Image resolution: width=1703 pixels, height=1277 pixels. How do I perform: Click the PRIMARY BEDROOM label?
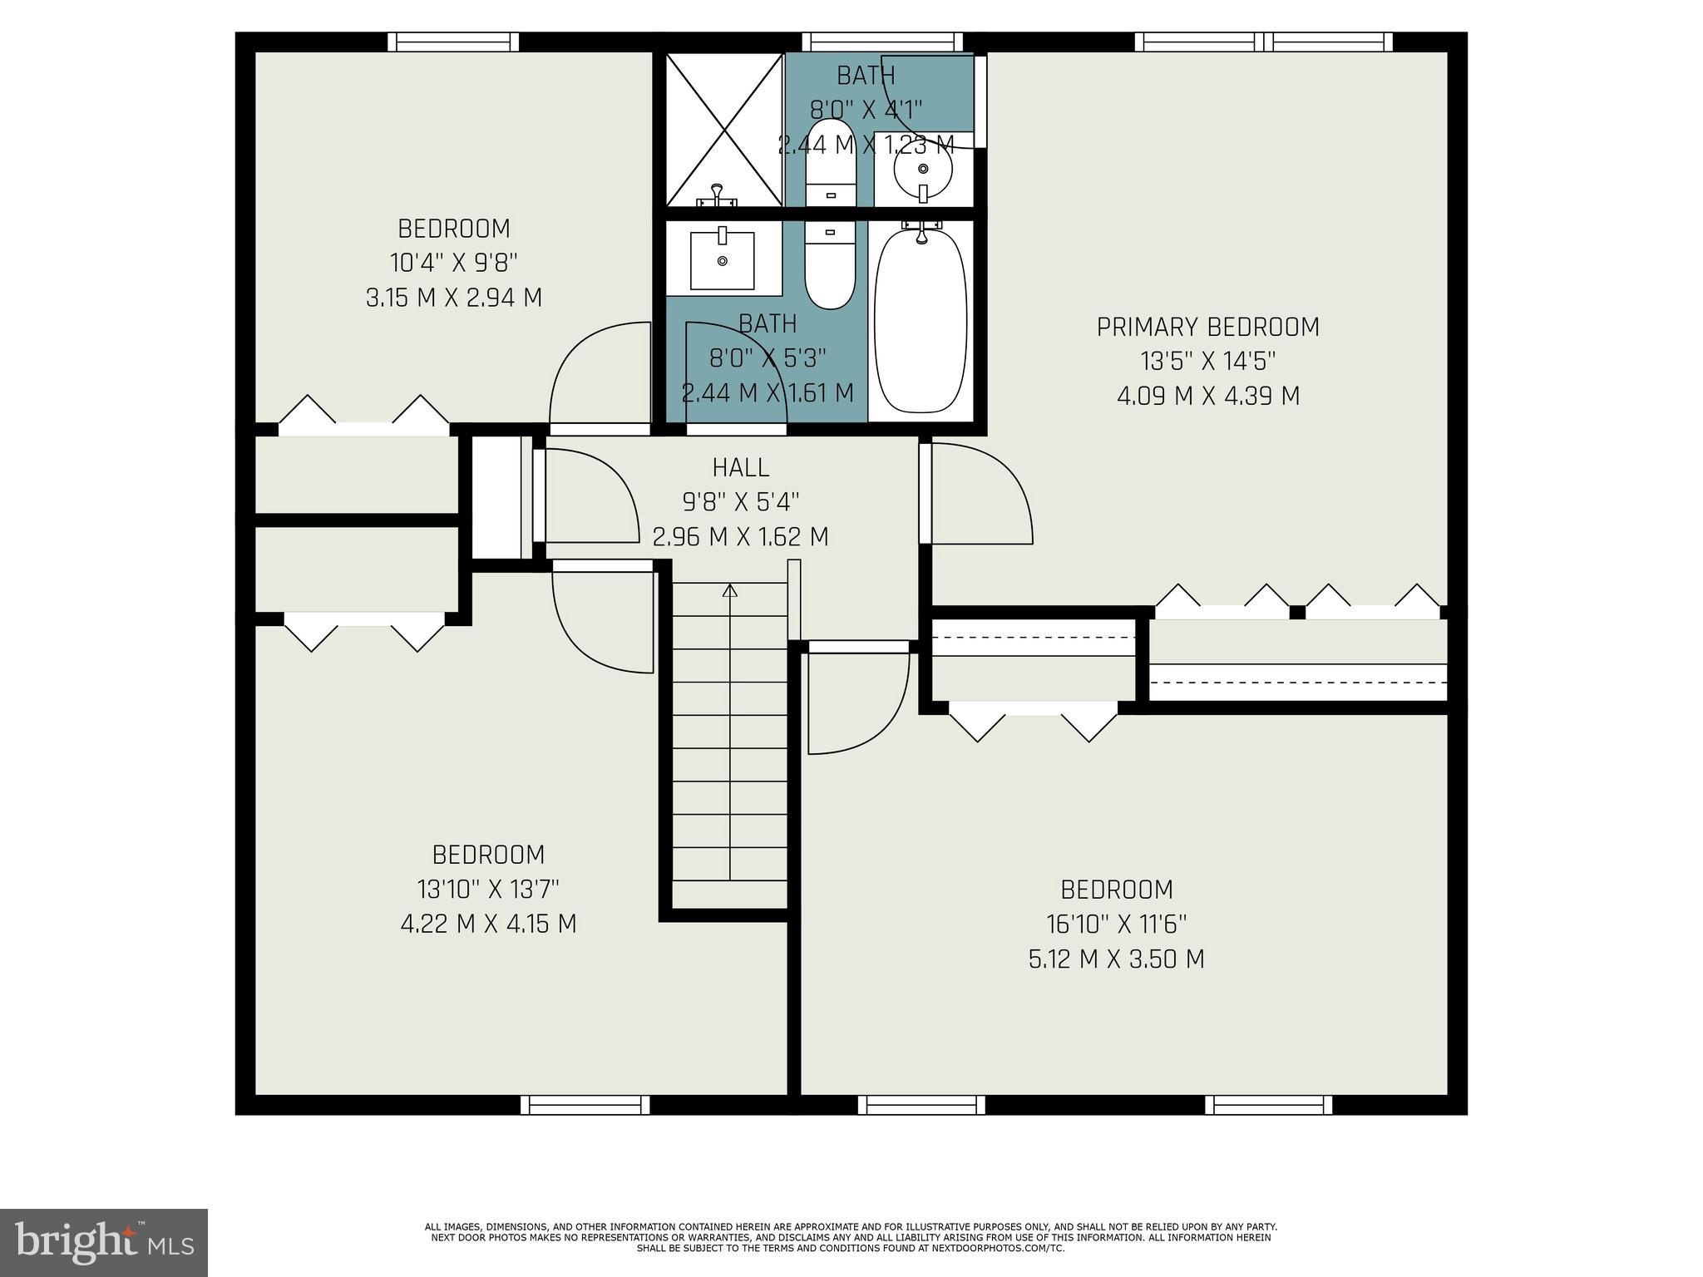[x=1207, y=328]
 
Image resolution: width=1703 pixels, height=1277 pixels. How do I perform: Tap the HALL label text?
[x=740, y=468]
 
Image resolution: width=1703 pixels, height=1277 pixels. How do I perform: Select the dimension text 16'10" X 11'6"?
[x=1116, y=924]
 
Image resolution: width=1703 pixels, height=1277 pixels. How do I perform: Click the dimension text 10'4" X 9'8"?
[x=454, y=264]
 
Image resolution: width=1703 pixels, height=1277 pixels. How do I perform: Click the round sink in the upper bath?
[x=922, y=170]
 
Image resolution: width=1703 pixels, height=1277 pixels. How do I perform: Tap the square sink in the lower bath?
[x=722, y=260]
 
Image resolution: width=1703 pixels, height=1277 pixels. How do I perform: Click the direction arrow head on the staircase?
[x=730, y=591]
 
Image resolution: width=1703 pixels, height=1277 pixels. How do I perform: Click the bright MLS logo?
[x=104, y=1243]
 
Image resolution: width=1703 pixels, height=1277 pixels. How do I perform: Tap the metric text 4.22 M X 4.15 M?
[x=488, y=924]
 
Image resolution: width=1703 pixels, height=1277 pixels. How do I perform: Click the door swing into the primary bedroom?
[x=981, y=495]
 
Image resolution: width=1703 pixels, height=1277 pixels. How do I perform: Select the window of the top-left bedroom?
[x=453, y=42]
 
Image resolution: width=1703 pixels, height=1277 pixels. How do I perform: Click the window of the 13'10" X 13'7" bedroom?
[x=585, y=1105]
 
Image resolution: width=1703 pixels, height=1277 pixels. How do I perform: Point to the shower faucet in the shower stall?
[x=717, y=196]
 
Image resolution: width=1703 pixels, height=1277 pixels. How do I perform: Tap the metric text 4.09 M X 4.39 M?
[x=1207, y=397]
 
